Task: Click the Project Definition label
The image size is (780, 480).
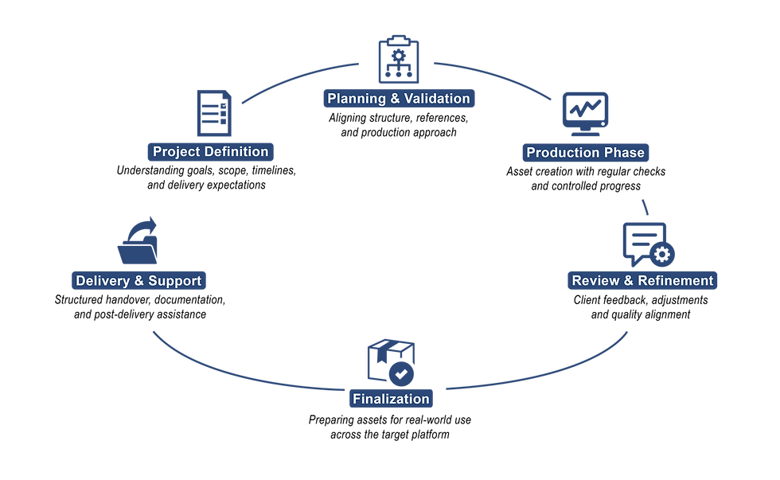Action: click(x=210, y=152)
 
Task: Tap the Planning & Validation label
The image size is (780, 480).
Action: click(x=399, y=99)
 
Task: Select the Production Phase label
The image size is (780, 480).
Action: click(x=585, y=153)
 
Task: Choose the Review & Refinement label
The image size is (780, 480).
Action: click(x=642, y=280)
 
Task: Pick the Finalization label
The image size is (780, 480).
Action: click(x=391, y=399)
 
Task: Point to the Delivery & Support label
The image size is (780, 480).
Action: click(x=138, y=280)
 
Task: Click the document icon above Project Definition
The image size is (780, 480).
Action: click(x=213, y=113)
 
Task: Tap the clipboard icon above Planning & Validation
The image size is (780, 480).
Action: click(x=398, y=60)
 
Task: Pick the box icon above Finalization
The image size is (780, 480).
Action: click(x=391, y=362)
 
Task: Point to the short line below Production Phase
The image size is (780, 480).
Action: click(x=645, y=206)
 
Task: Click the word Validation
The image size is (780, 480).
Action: click(x=437, y=99)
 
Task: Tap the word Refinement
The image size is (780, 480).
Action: click(x=677, y=280)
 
